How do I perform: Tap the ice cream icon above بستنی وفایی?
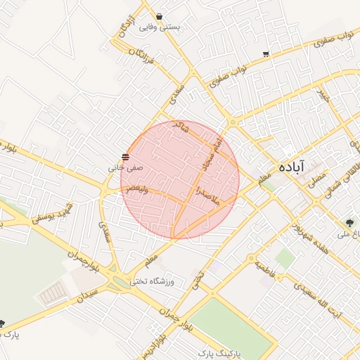point(160,16)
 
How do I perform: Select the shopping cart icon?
point(266,54)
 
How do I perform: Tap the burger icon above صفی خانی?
point(125,156)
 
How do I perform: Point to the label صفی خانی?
point(126,168)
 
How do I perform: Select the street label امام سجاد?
point(212,153)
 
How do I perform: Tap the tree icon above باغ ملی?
point(350,222)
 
